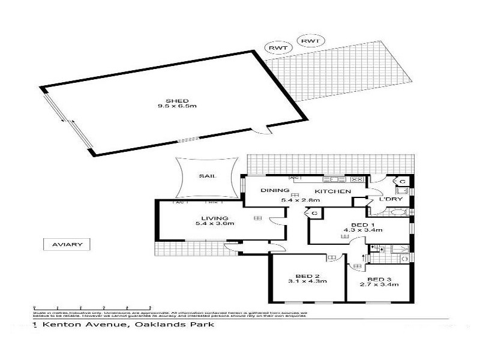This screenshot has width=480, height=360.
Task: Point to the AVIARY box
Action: click(67, 244)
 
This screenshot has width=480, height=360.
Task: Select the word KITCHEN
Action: click(333, 190)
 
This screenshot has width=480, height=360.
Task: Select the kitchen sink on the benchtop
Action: click(333, 179)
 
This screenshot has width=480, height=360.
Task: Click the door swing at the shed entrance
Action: click(259, 131)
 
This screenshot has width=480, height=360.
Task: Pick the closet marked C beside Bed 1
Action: click(314, 212)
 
